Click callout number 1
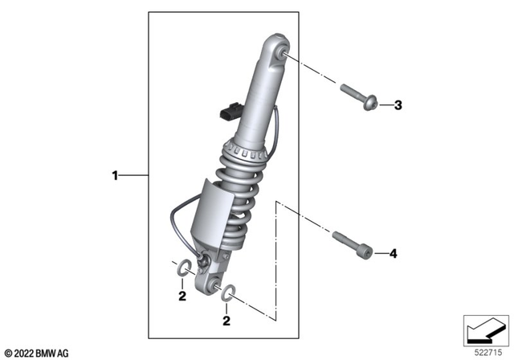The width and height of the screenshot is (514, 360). [116, 175]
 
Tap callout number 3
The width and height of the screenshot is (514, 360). [396, 104]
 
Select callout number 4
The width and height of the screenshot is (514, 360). [393, 255]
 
